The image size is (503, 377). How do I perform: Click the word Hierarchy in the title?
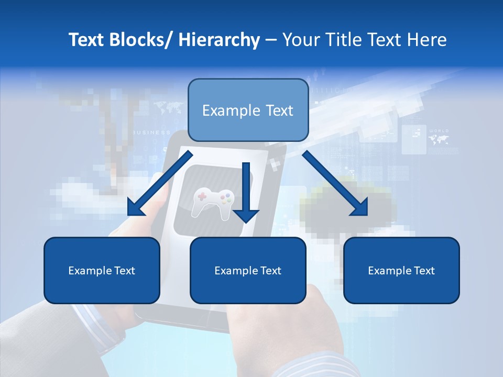pyautogui.click(x=219, y=40)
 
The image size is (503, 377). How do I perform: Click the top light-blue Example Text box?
pyautogui.click(x=248, y=110)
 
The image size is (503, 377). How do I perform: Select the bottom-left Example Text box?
pyautogui.click(x=102, y=270)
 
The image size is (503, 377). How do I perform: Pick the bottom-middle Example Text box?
pyautogui.click(x=248, y=270)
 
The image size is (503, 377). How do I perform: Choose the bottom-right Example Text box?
pyautogui.click(x=401, y=270)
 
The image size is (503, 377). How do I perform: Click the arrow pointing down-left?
pyautogui.click(x=160, y=184)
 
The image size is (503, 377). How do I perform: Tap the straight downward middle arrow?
pyautogui.click(x=246, y=191)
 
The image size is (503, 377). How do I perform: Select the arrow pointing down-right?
pyautogui.click(x=335, y=183)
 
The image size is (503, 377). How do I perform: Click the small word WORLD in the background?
pyautogui.click(x=439, y=130)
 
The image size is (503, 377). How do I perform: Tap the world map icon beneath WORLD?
pyautogui.click(x=439, y=140)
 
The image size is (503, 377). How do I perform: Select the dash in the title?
pyautogui.click(x=271, y=40)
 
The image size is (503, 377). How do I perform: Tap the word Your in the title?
pyautogui.click(x=299, y=40)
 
